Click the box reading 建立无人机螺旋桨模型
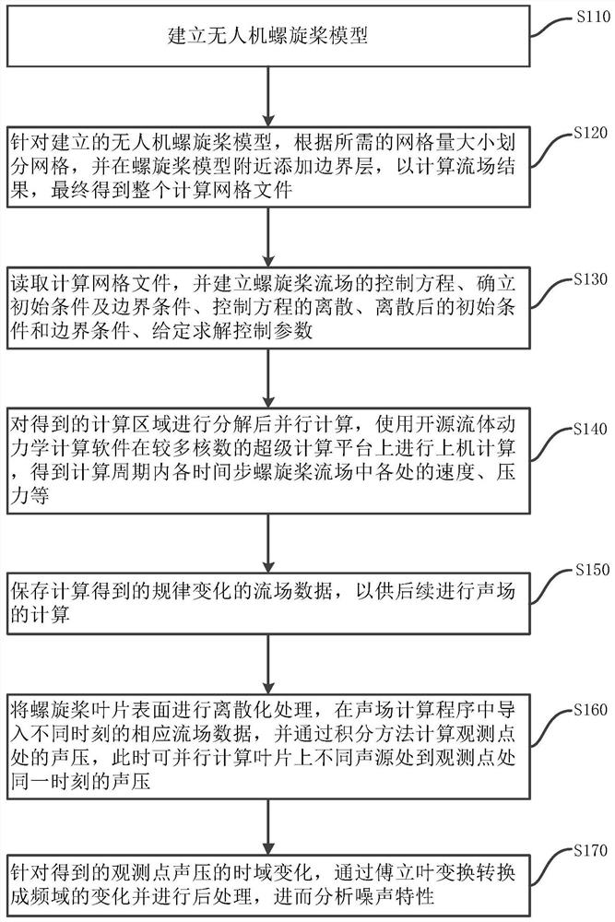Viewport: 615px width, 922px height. tap(267, 39)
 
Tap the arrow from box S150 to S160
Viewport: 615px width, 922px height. tap(267, 656)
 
